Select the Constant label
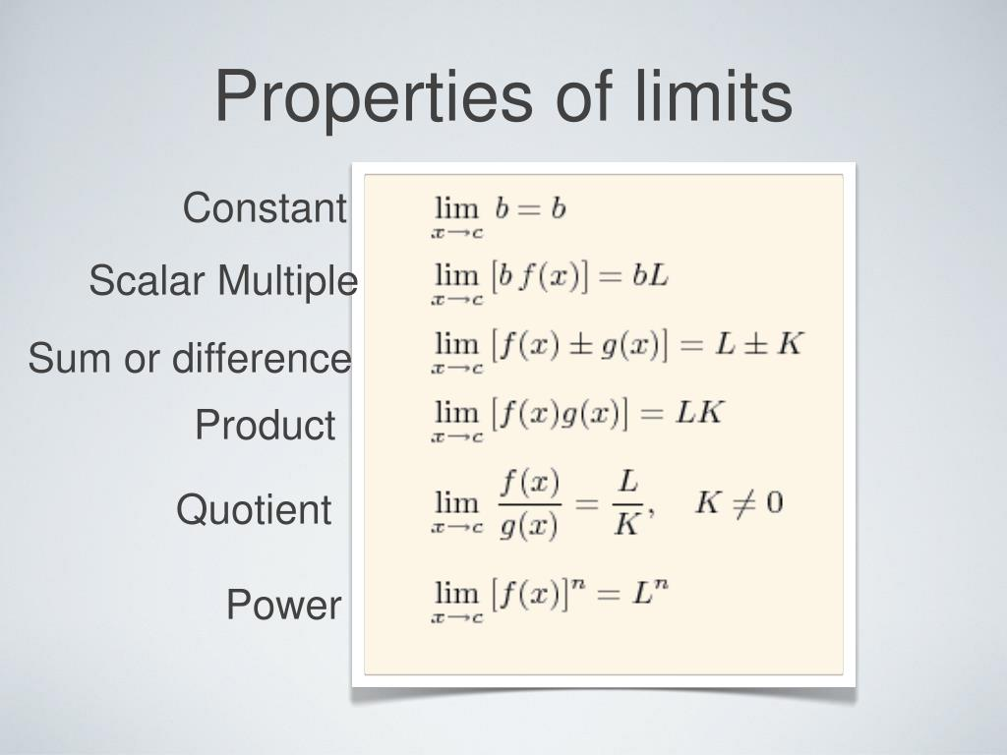265,208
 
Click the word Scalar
148,281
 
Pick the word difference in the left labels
262,359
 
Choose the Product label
265,426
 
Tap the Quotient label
254,510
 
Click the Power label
283,605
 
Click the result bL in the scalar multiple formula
650,276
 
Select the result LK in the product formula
699,413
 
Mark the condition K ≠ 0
739,504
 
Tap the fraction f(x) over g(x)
529,503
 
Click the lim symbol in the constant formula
455,209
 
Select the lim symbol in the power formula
455,595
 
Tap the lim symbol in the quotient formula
455,504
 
